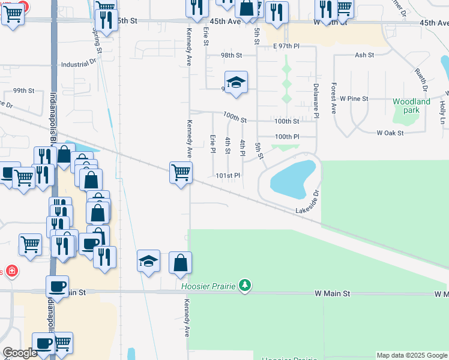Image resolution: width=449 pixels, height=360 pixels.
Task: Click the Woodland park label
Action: pyautogui.click(x=411, y=106)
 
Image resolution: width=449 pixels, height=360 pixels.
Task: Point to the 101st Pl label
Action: pyautogui.click(x=228, y=176)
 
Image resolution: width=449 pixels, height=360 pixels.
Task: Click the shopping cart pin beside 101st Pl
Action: pyautogui.click(x=181, y=173)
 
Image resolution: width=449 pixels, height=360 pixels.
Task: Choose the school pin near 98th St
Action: pyautogui.click(x=236, y=83)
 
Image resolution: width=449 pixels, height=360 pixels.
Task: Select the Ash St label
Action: pyautogui.click(x=364, y=55)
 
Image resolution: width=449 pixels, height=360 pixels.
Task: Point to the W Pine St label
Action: pyautogui.click(x=354, y=98)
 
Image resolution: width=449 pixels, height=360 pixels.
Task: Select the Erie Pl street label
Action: pyautogui.click(x=212, y=143)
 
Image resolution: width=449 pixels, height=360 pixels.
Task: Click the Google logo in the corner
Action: pyautogui.click(x=20, y=353)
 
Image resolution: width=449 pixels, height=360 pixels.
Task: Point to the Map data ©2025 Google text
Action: pyautogui.click(x=412, y=355)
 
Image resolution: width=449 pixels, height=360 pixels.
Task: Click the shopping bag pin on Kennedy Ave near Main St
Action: pyautogui.click(x=180, y=263)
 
